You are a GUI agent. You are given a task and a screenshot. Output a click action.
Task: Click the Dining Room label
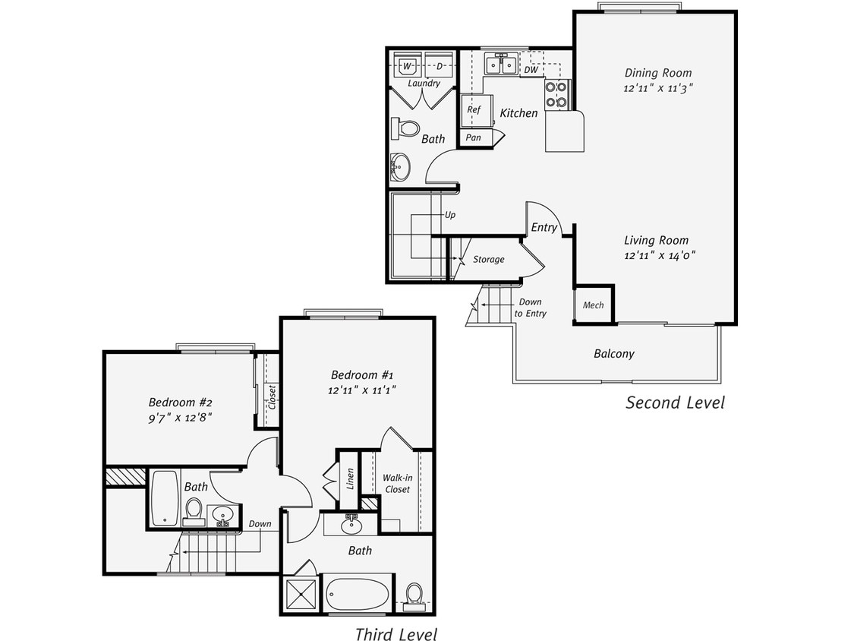658,73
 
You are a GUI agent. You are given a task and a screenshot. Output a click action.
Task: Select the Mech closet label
593,305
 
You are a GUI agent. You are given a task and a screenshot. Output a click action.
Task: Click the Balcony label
613,354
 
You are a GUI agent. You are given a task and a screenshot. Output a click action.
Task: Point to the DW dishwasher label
531,70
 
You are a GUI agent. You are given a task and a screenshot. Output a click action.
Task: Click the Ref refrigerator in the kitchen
474,110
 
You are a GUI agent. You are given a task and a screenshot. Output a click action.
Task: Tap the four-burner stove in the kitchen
556,94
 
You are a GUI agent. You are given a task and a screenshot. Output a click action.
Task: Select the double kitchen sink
502,65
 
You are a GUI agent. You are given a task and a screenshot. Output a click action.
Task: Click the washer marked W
408,65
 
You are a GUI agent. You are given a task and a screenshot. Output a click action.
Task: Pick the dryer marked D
440,65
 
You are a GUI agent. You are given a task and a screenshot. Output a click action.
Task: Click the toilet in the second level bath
408,128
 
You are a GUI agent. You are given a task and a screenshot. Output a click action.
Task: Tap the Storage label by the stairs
488,260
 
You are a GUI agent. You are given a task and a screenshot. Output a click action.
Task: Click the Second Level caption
675,403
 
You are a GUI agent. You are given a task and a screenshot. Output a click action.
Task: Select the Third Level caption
395,634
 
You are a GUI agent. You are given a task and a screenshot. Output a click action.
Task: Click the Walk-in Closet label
396,484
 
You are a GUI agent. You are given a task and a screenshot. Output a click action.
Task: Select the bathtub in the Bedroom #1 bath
358,594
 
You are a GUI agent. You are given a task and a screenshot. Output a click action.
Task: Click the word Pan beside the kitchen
474,137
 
